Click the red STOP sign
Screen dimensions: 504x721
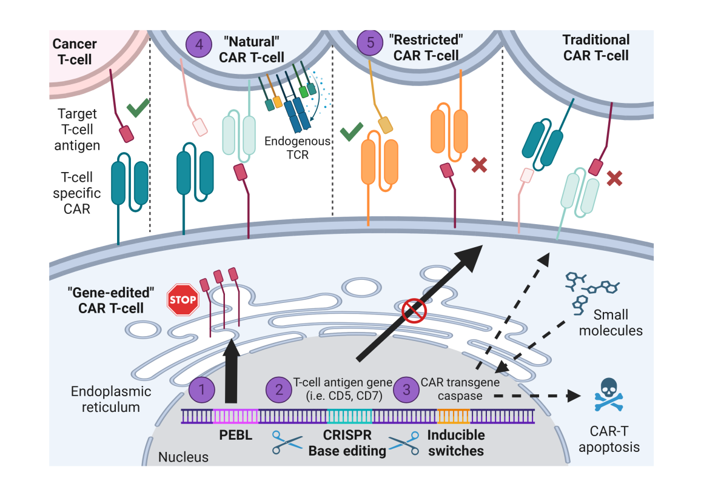[x=183, y=299]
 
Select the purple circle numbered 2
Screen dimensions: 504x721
[x=279, y=389]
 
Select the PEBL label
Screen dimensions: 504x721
[x=235, y=435]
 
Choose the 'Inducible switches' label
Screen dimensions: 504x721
[x=455, y=443]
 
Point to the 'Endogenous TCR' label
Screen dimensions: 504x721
[x=297, y=147]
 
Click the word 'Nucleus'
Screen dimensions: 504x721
[x=183, y=457]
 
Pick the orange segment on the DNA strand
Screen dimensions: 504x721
[x=454, y=416]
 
